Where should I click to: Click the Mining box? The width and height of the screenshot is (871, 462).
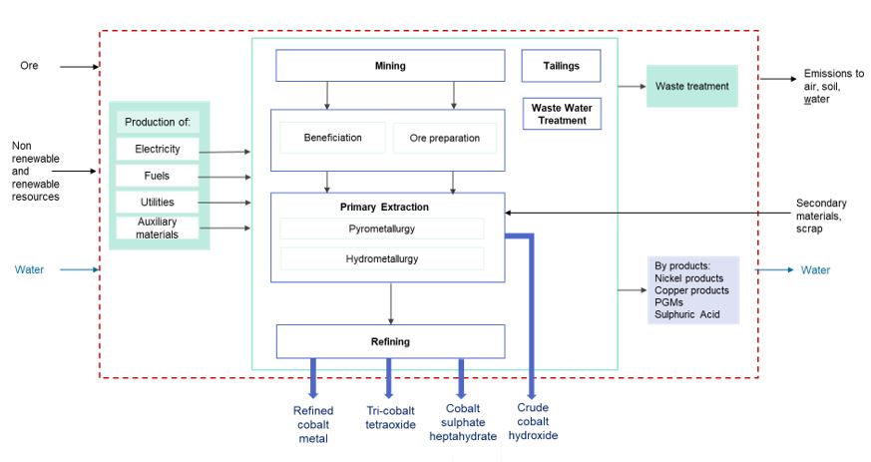click(x=390, y=66)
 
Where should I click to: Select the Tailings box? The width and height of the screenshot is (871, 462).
click(x=561, y=66)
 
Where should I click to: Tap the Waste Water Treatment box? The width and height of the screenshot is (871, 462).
click(x=561, y=114)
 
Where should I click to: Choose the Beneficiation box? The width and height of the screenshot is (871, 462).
click(x=332, y=138)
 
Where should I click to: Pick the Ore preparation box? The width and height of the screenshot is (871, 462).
click(x=444, y=138)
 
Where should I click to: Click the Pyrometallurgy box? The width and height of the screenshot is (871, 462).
click(x=381, y=229)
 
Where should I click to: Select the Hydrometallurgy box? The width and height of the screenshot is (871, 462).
click(x=381, y=258)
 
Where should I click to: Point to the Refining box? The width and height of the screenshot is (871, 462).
click(x=390, y=341)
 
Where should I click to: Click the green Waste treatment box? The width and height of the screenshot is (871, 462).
click(x=691, y=86)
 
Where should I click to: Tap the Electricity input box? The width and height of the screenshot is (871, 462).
click(x=158, y=150)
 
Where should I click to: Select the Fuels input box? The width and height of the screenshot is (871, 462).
click(x=158, y=177)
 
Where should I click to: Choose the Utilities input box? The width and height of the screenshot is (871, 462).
click(x=158, y=203)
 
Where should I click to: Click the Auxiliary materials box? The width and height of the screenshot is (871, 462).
click(x=158, y=229)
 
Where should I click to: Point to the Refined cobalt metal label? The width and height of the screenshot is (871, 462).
click(x=313, y=424)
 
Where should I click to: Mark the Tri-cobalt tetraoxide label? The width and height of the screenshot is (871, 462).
click(x=390, y=418)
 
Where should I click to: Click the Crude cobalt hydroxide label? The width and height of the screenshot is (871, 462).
click(x=533, y=421)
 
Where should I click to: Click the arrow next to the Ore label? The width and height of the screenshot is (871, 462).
click(x=78, y=67)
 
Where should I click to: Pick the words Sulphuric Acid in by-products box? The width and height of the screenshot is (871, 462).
click(x=687, y=314)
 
